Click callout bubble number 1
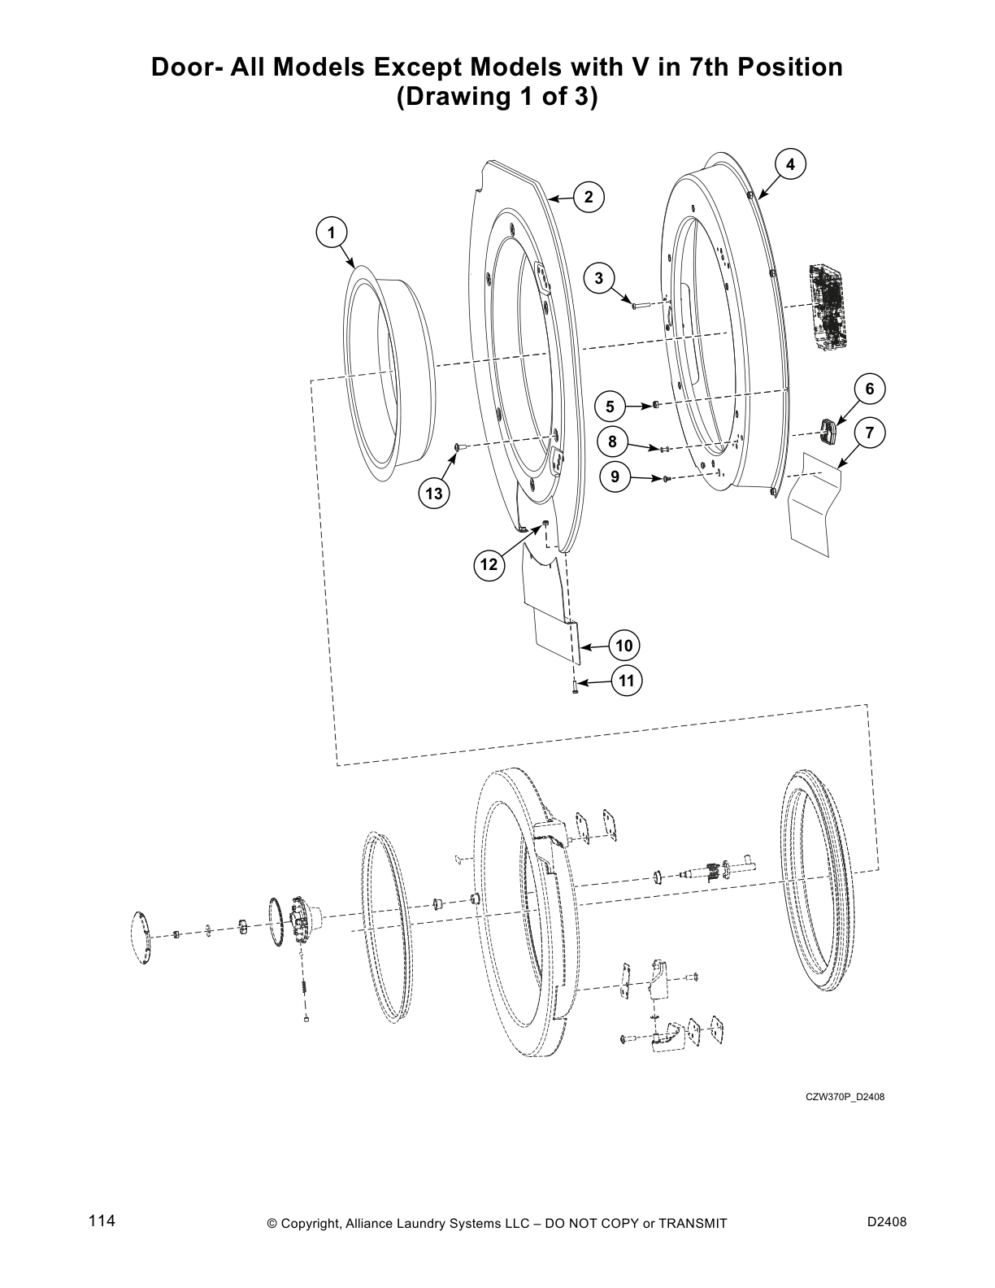point(331,233)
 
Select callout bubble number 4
point(790,163)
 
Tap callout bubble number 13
point(434,494)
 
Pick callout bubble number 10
point(624,646)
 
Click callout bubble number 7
point(869,433)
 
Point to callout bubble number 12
point(489,563)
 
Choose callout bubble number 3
point(599,279)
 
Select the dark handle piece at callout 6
point(828,431)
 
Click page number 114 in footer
point(102,1221)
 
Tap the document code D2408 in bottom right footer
point(887,1222)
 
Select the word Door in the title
point(184,67)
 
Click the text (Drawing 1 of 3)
point(497,97)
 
